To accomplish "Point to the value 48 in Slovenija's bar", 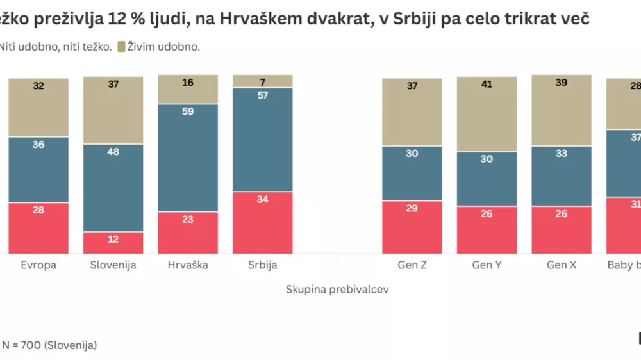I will pyautogui.click(x=113, y=152).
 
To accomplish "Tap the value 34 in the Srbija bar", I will pyautogui.click(x=263, y=199).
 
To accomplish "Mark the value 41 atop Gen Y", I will pyautogui.click(x=487, y=84).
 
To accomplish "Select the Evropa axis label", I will pyautogui.click(x=38, y=265).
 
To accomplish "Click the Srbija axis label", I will pyautogui.click(x=263, y=265).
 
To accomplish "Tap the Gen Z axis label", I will pyautogui.click(x=412, y=265).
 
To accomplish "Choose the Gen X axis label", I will pyautogui.click(x=562, y=265).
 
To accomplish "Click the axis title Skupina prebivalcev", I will pyautogui.click(x=337, y=290).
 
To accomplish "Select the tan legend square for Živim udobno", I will pyautogui.click(x=121, y=46).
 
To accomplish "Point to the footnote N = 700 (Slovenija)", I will pyautogui.click(x=49, y=345).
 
